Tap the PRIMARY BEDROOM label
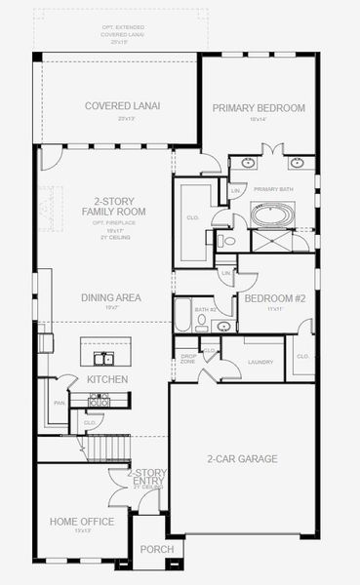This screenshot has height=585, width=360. pyautogui.click(x=259, y=107)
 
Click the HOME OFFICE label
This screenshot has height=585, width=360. pyautogui.click(x=82, y=522)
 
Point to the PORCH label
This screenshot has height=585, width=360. pyautogui.click(x=156, y=549)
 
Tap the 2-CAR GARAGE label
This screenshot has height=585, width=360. pyautogui.click(x=242, y=458)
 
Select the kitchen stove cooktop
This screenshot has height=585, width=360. pyautogui.click(x=98, y=399)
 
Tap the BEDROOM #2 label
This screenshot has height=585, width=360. pyautogui.click(x=274, y=298)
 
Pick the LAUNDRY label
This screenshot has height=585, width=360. pyautogui.click(x=260, y=362)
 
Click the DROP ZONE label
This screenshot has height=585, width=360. pyautogui.click(x=189, y=359)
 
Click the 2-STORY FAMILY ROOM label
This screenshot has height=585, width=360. pyautogui.click(x=114, y=206)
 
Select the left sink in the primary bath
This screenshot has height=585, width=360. pyautogui.click(x=248, y=163)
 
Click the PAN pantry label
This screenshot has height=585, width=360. pyautogui.click(x=60, y=401)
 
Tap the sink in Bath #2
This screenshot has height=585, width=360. pyautogui.click(x=223, y=326)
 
